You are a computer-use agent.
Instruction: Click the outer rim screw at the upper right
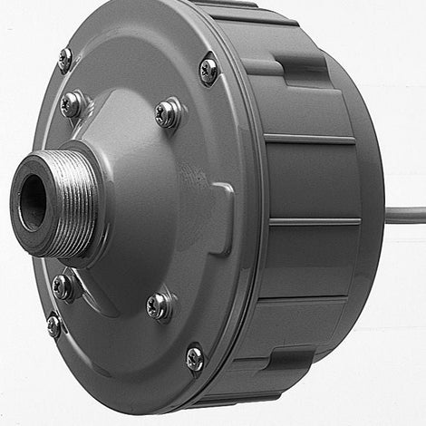coord(208,69)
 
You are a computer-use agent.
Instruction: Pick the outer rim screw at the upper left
coord(65,59)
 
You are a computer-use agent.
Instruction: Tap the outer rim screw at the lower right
coord(195,358)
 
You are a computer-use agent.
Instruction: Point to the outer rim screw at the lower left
coord(54,324)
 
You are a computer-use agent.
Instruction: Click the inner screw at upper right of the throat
coord(168,113)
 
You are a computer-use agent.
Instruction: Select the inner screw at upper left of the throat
coord(72,104)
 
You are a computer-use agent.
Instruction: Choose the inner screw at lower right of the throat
coord(160,306)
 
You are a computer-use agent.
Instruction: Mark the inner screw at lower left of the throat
coord(63,287)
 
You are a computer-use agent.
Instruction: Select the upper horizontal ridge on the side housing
coord(311,140)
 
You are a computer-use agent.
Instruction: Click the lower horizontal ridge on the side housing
coord(314,221)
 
